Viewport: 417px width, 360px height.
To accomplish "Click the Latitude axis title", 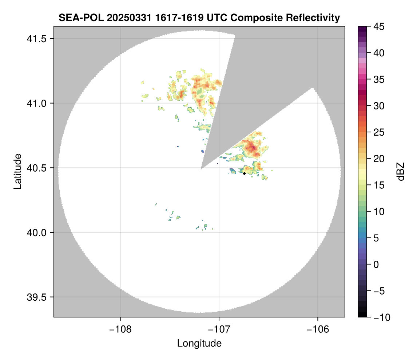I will click(x=17, y=171).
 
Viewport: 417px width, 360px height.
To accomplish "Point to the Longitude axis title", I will click(x=199, y=343).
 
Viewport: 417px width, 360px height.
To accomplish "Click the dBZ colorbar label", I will click(x=401, y=171).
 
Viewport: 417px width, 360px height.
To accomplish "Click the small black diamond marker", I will click(x=244, y=173).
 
